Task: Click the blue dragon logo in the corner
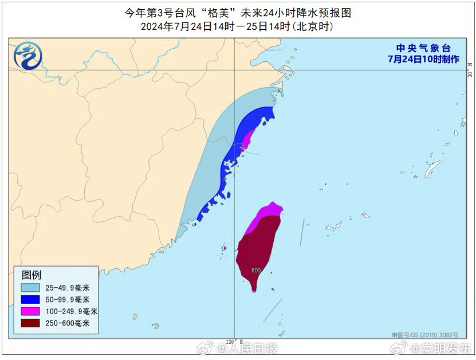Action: (x=27, y=56)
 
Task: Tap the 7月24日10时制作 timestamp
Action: (x=423, y=60)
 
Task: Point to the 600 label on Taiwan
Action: (x=255, y=270)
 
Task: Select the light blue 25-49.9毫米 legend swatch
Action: (x=32, y=287)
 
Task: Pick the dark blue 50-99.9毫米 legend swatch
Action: (x=32, y=299)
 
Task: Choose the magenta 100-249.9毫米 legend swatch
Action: (x=32, y=311)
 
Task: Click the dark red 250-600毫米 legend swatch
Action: (x=32, y=323)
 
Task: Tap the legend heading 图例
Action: (x=32, y=275)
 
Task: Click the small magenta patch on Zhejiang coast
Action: (x=248, y=139)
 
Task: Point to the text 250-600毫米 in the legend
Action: (x=68, y=323)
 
